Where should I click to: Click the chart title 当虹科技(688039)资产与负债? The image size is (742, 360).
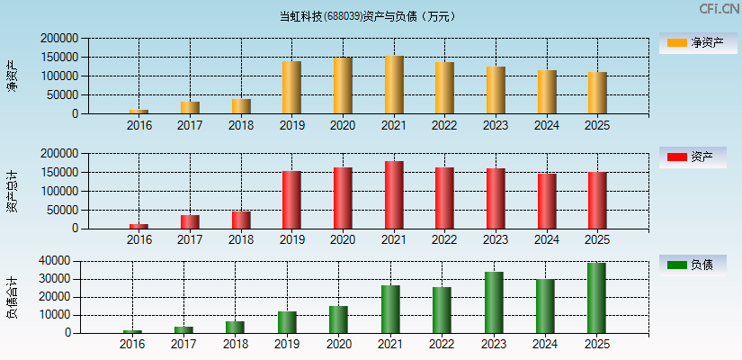click(367, 16)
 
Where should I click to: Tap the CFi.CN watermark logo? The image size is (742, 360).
click(719, 9)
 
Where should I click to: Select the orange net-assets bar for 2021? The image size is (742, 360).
click(394, 85)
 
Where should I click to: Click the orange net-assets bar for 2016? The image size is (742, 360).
click(139, 112)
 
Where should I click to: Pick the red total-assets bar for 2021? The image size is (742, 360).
click(394, 194)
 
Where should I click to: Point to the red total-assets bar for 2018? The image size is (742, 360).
click(241, 220)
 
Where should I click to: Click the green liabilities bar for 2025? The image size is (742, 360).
click(596, 298)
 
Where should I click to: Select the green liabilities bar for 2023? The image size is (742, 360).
click(494, 302)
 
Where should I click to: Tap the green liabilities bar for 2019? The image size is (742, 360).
click(287, 322)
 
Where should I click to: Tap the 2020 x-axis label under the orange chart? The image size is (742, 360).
click(343, 126)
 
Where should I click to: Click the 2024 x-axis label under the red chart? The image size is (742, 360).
click(547, 240)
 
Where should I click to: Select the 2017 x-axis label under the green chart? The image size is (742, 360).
click(183, 345)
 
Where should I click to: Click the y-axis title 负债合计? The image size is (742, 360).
click(13, 297)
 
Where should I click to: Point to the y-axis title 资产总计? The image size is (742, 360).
click(13, 191)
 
